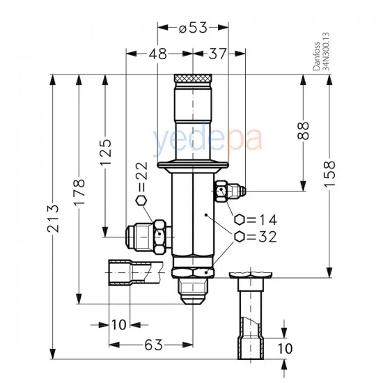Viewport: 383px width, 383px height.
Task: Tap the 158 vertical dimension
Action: (329, 171)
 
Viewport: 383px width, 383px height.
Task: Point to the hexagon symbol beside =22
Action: (141, 201)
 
